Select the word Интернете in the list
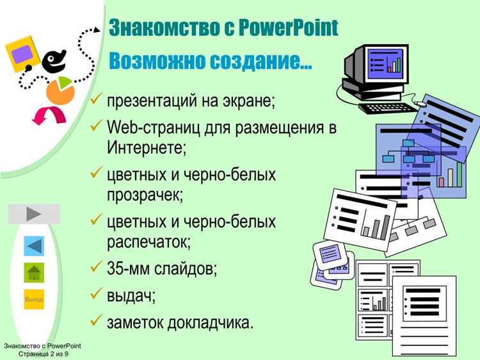pyautogui.click(x=146, y=147)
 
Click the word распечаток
pyautogui.click(x=149, y=242)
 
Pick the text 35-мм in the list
pyautogui.click(x=128, y=268)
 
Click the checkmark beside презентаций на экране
pyautogui.click(x=97, y=101)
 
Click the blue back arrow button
pyautogui.click(x=34, y=246)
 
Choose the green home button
pyautogui.click(x=34, y=272)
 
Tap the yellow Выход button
pyautogui.click(x=34, y=299)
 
